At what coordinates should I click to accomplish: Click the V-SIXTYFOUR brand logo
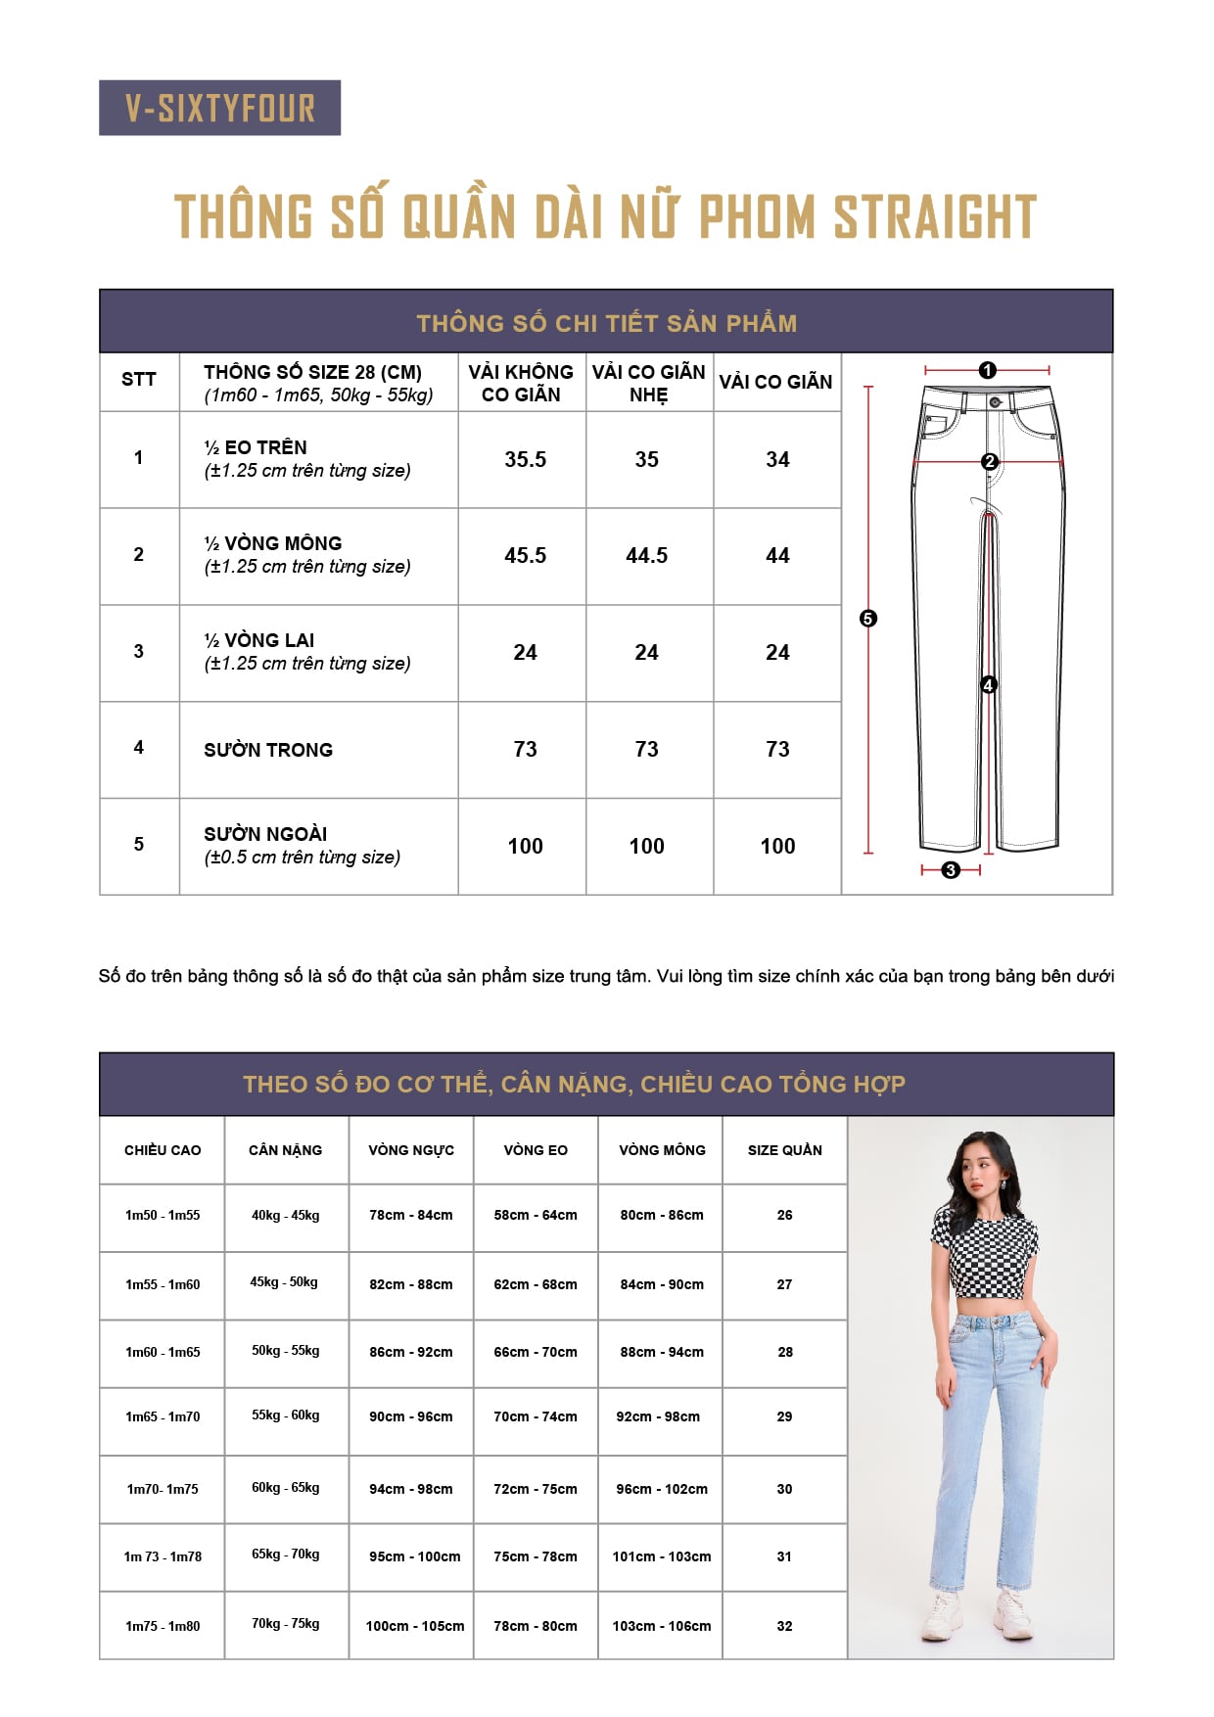pos(219,108)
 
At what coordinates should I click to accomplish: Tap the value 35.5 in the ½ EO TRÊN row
pos(525,459)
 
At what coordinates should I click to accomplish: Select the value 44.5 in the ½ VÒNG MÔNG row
pos(646,555)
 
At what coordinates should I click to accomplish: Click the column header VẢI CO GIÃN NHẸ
pos(648,383)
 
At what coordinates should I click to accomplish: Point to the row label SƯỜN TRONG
pos(268,750)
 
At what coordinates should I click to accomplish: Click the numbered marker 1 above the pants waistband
pos(987,370)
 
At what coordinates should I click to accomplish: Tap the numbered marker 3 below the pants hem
pos(950,869)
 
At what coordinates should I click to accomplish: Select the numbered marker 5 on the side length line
pos(867,619)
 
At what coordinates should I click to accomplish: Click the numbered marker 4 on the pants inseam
pos(989,685)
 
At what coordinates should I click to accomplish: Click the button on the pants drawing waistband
pos(996,402)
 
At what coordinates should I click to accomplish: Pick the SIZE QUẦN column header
pos(784,1150)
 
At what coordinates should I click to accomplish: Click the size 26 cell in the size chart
pos(784,1215)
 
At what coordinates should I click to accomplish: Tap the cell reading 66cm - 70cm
pos(536,1352)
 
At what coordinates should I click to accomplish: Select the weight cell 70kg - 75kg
pos(285,1623)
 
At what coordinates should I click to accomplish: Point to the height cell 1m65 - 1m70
pos(163,1416)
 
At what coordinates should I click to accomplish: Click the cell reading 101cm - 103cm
pos(662,1556)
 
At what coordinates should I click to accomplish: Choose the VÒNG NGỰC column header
pos(411,1150)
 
